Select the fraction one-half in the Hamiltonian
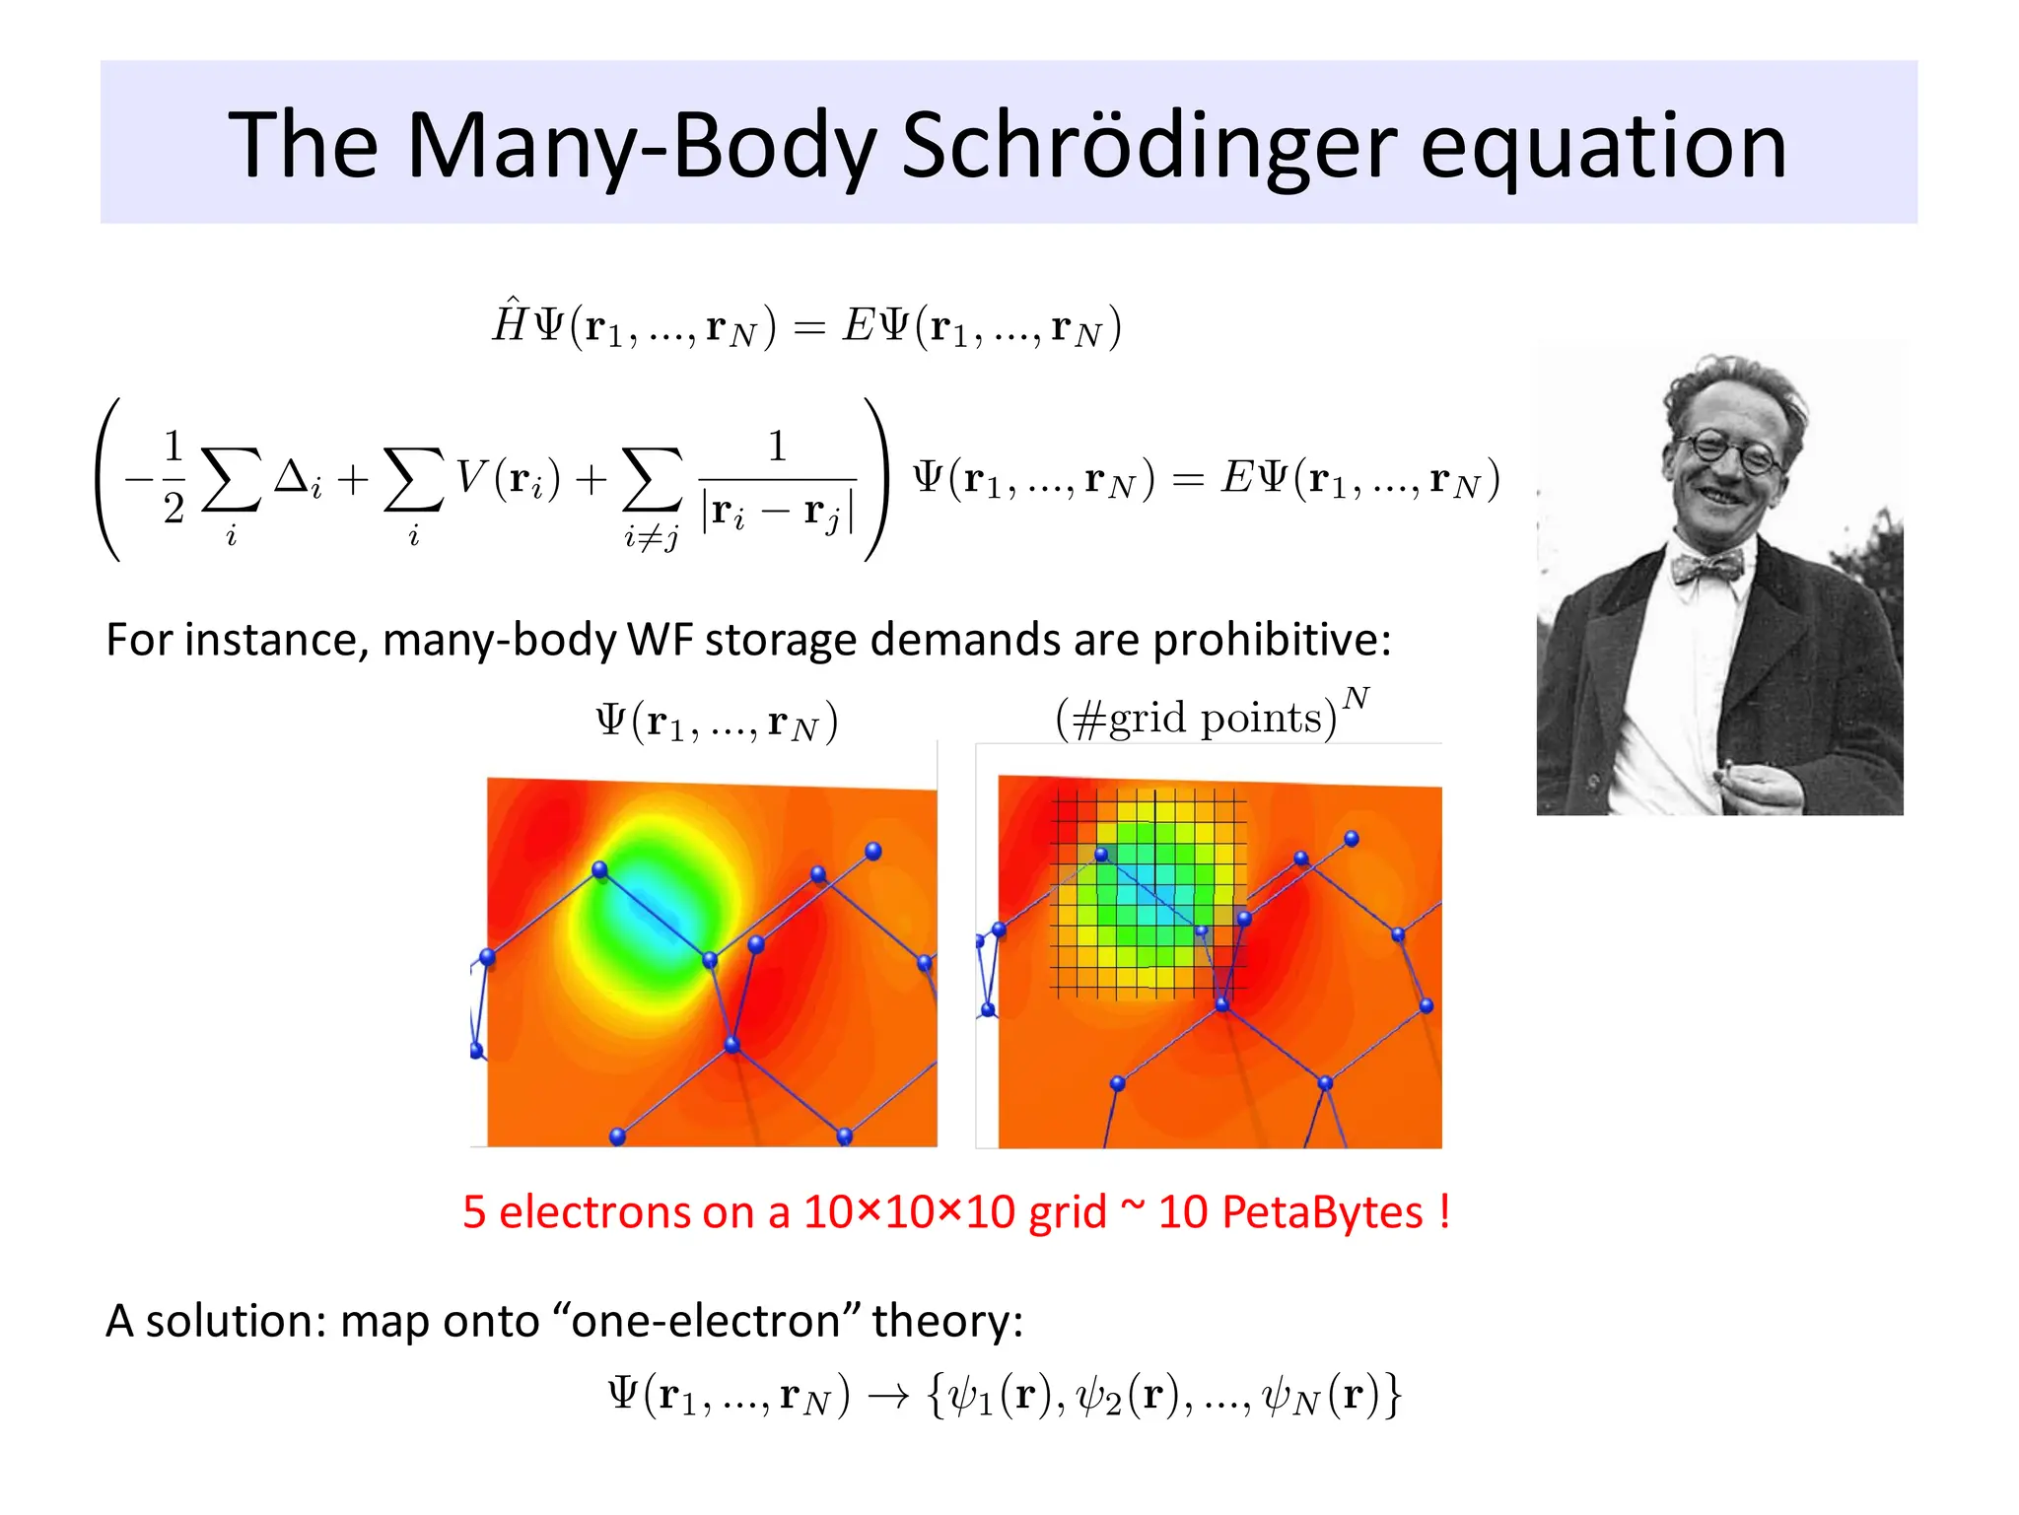tap(174, 477)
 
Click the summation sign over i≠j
tap(652, 480)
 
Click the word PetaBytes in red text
tap(1290, 1211)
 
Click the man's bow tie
tap(1706, 568)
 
